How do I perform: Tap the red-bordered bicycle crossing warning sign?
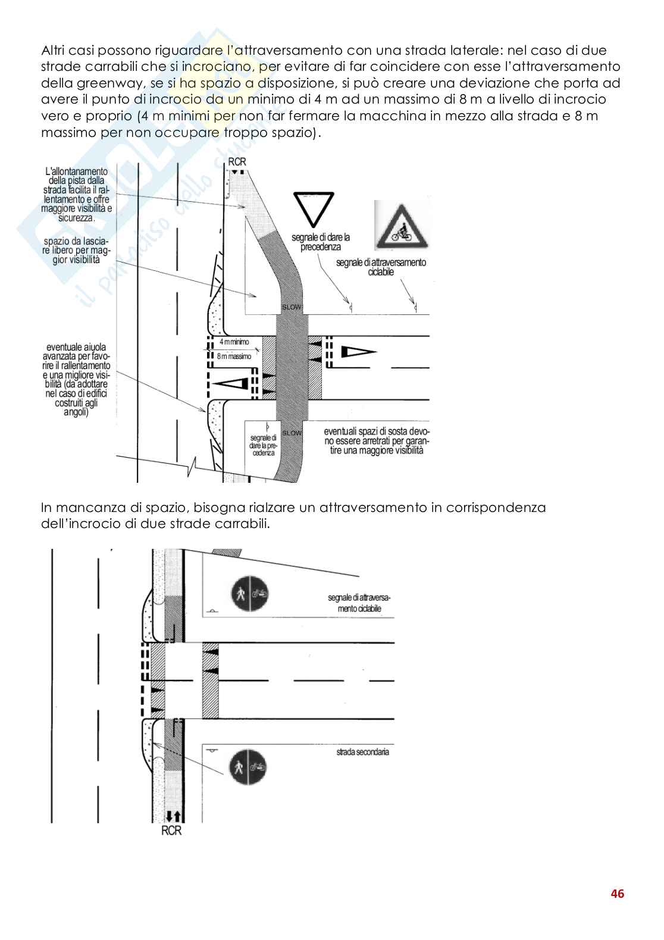coord(402,226)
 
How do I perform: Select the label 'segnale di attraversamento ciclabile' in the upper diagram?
coord(381,267)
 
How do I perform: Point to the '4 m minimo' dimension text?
coord(234,342)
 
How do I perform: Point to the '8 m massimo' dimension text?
coord(234,356)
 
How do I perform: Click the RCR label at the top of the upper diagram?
coord(236,162)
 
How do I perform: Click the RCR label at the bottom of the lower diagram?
coord(171,830)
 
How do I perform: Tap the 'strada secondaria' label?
coord(362,752)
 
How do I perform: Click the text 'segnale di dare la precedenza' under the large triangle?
coord(321,242)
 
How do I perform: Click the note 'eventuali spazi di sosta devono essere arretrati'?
coord(376,441)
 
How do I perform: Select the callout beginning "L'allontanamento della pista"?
coord(76,194)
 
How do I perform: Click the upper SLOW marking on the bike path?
coord(292,307)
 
